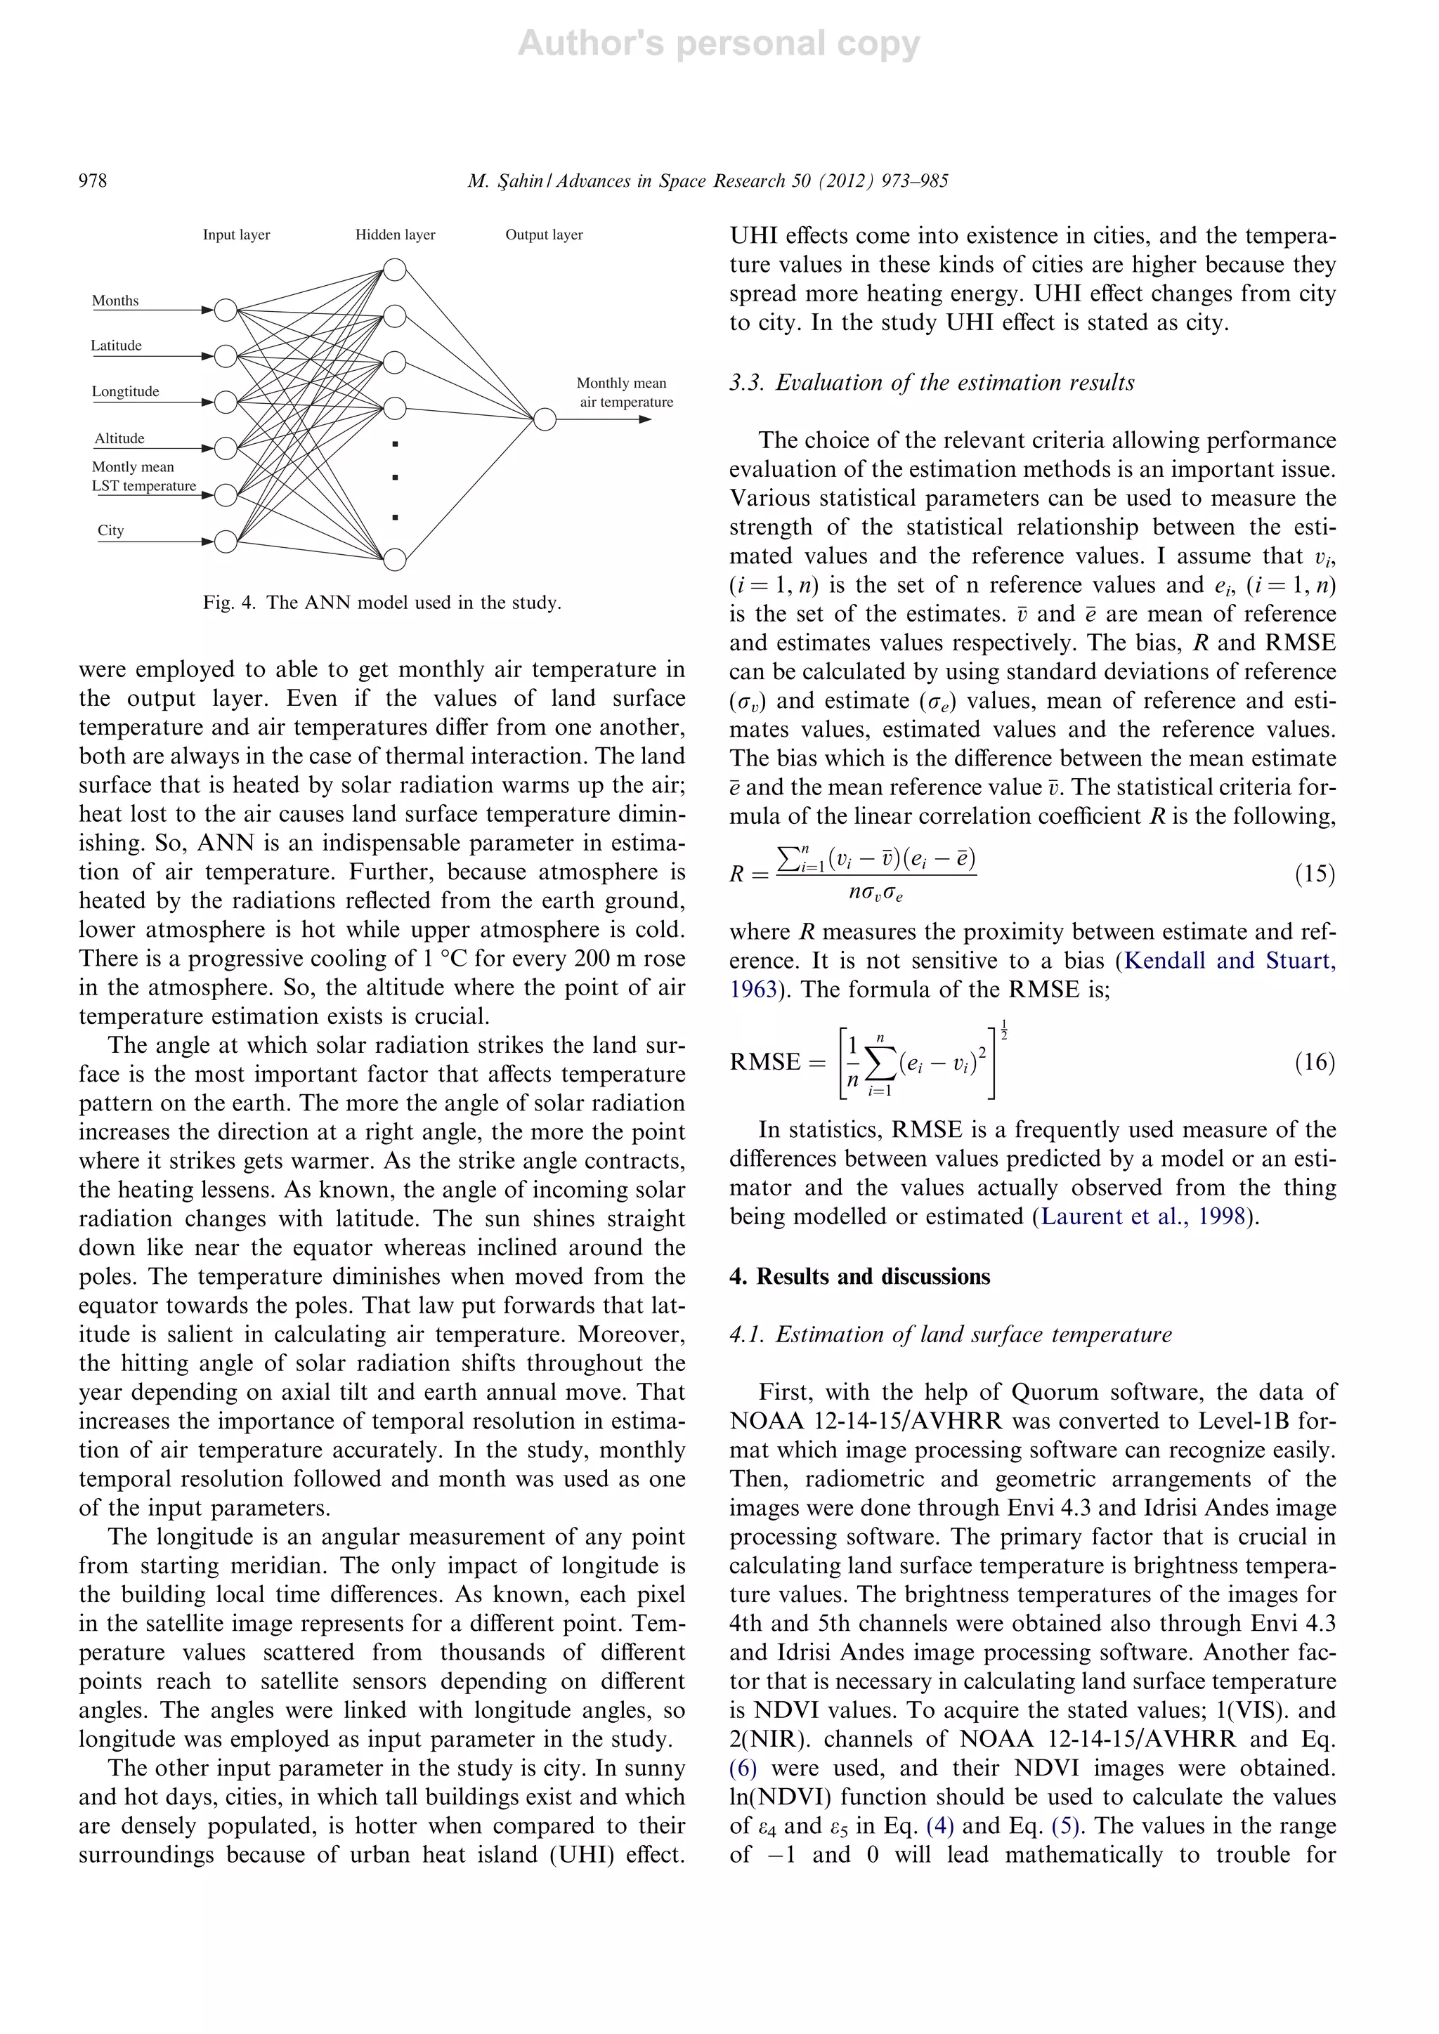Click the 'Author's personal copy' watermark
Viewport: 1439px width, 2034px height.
point(719,44)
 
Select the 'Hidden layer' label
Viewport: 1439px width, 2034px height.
point(395,235)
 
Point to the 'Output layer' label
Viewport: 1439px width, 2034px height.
point(544,235)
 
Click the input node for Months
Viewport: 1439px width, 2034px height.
point(226,310)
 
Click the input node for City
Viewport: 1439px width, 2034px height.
point(226,540)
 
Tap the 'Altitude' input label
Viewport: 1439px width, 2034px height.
point(119,438)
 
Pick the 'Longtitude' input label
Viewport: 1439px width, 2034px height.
point(125,392)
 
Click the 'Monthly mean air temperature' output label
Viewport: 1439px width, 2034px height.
point(625,393)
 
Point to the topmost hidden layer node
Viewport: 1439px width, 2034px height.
point(395,269)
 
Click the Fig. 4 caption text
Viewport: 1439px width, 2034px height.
point(382,603)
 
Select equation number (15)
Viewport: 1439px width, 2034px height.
point(1314,874)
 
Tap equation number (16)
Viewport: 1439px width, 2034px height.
point(1314,1061)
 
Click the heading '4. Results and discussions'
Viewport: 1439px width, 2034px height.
point(859,1277)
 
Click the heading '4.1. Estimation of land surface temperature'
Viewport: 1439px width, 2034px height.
point(950,1334)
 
